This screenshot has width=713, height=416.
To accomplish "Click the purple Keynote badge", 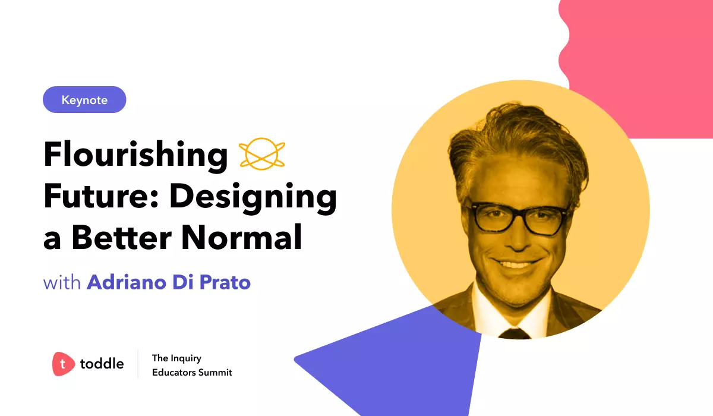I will click(x=84, y=100).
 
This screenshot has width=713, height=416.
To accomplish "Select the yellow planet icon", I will click(x=261, y=155).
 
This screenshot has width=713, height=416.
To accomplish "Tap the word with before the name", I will click(x=62, y=282).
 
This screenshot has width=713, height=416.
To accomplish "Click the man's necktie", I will click(x=514, y=333).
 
